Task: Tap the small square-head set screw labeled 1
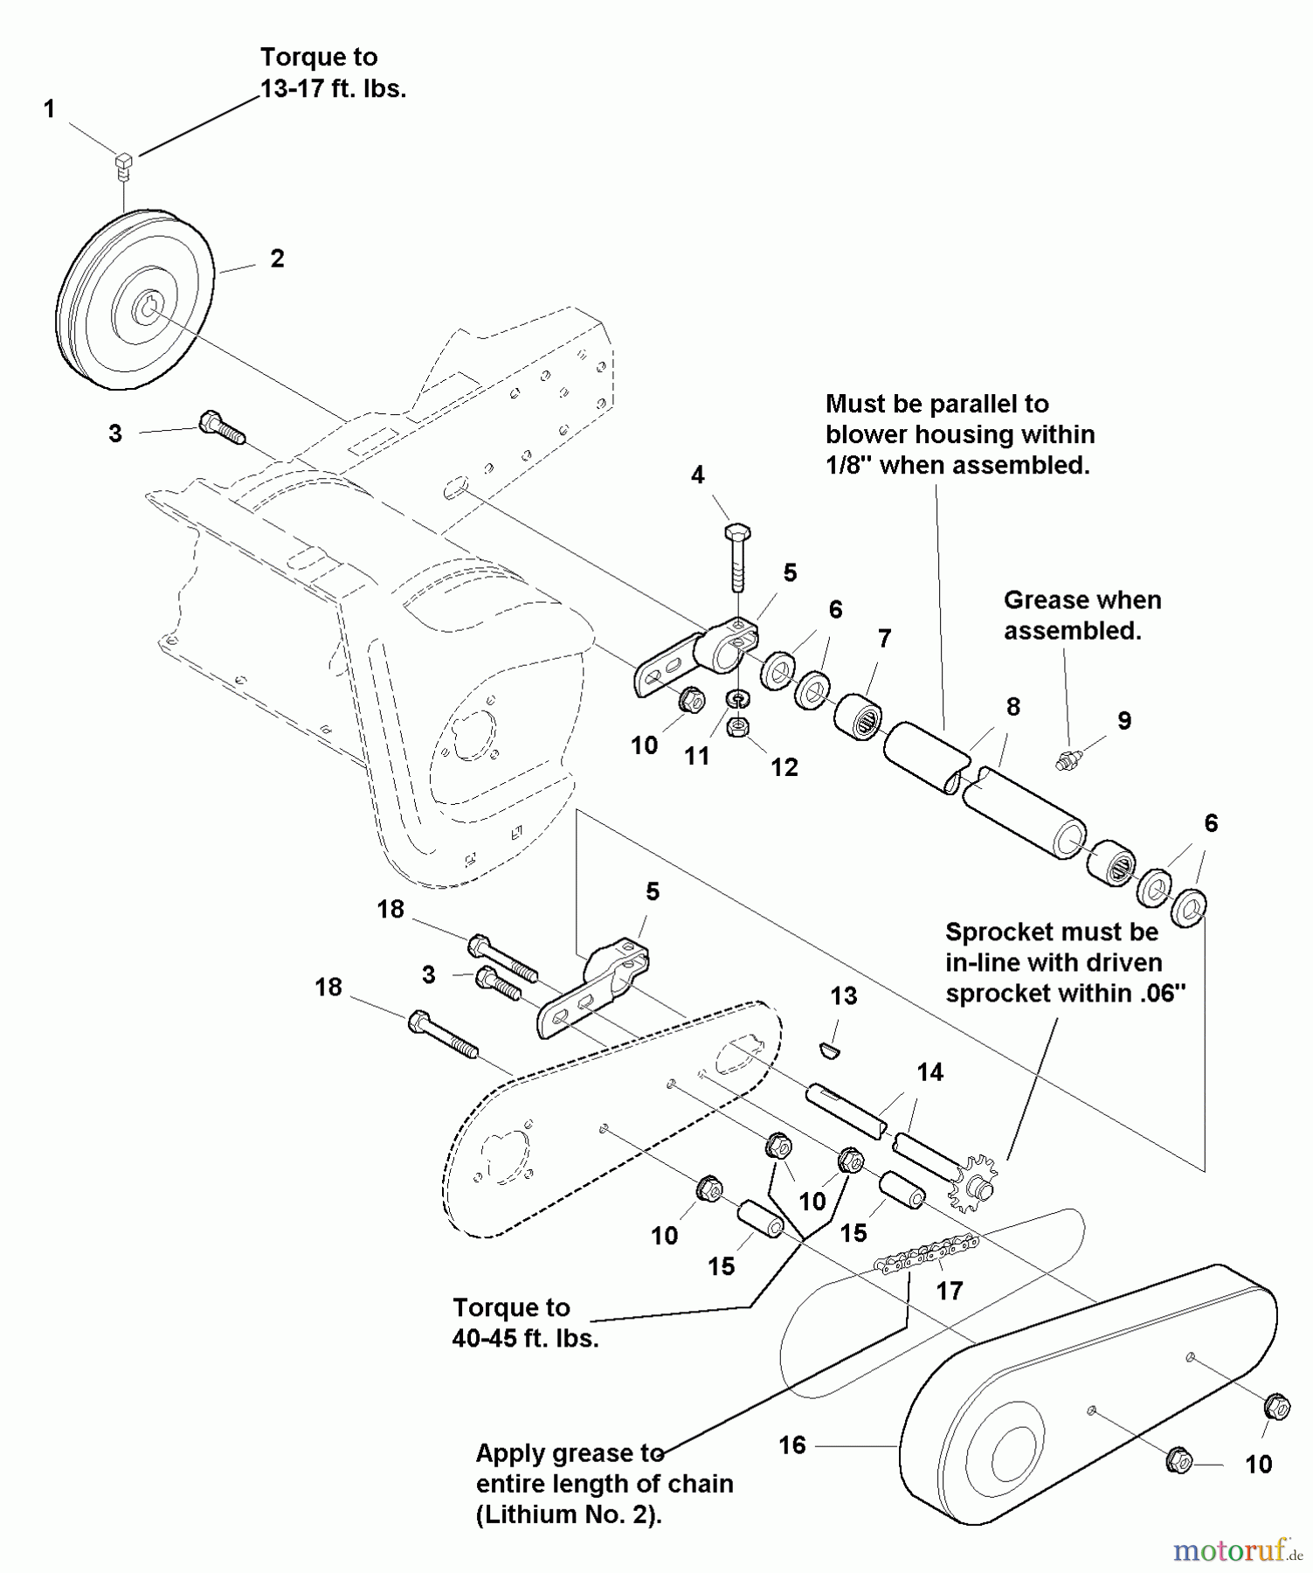pyautogui.click(x=124, y=163)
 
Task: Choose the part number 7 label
pyautogui.click(x=884, y=639)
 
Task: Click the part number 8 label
pyautogui.click(x=1013, y=706)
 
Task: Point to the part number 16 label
pyautogui.click(x=792, y=1445)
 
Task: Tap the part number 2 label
pyautogui.click(x=277, y=259)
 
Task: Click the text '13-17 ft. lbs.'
pyautogui.click(x=333, y=89)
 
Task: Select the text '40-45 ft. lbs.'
pyautogui.click(x=525, y=1339)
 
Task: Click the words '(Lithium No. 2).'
pyautogui.click(x=569, y=1514)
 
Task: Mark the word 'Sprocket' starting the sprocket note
pyautogui.click(x=1004, y=932)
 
